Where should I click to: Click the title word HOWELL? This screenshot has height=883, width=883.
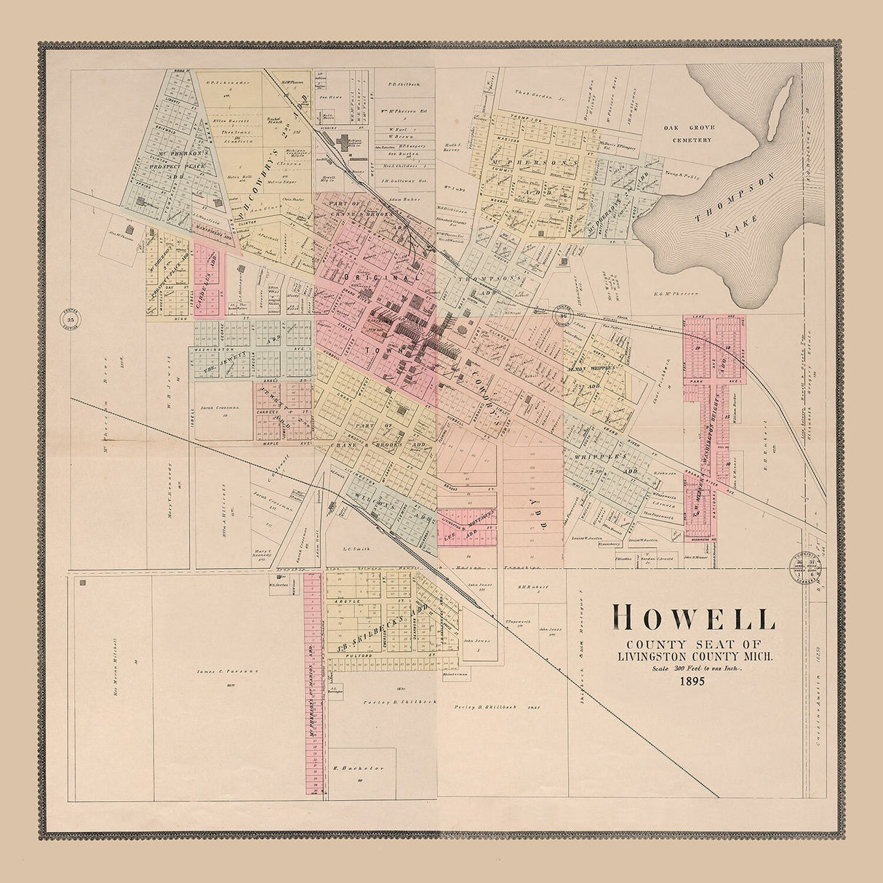[694, 618]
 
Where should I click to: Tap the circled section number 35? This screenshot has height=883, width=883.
[71, 319]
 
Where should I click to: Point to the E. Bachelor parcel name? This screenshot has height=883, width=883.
[346, 768]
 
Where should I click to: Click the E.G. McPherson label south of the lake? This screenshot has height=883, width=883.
[676, 294]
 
